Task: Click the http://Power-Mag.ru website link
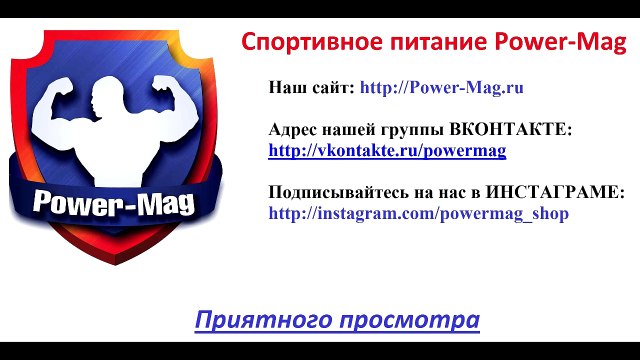pos(442,87)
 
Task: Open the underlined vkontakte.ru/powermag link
pos(387,151)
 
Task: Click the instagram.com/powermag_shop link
pos(418,213)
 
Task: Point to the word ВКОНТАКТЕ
pos(510,130)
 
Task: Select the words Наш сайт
pos(311,87)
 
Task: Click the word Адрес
pos(294,130)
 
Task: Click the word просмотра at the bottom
pos(410,321)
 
